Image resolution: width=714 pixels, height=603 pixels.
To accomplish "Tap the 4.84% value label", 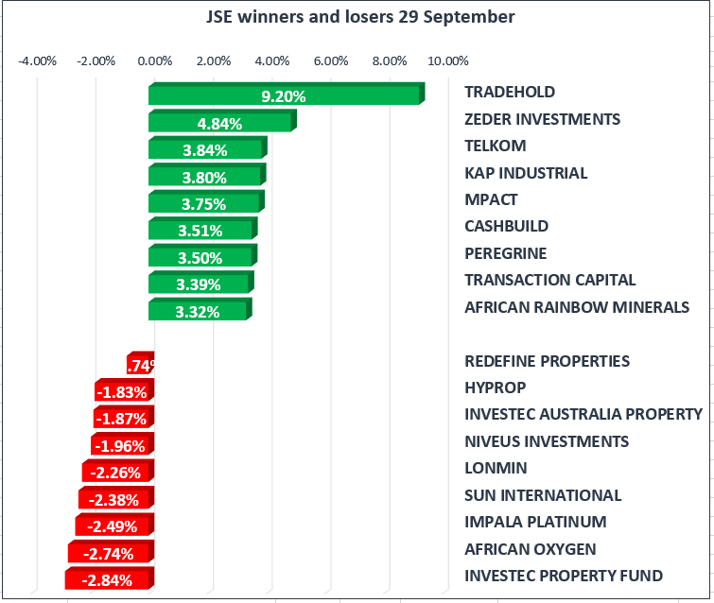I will pyautogui.click(x=219, y=123).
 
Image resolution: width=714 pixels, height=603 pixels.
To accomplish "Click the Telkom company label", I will pyautogui.click(x=495, y=146).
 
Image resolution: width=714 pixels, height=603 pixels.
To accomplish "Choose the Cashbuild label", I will pyautogui.click(x=506, y=226).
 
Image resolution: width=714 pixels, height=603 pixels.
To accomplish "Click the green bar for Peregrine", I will pyautogui.click(x=201, y=257).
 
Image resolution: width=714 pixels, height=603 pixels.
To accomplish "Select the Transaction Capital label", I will pyautogui.click(x=549, y=280).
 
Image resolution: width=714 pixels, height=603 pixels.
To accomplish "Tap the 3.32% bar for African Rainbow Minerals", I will pyautogui.click(x=199, y=311).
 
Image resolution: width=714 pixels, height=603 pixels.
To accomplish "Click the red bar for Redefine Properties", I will pyautogui.click(x=141, y=365).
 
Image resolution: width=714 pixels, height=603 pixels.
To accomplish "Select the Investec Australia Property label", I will pyautogui.click(x=583, y=414).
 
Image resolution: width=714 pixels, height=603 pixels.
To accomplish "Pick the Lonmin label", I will pyautogui.click(x=496, y=468).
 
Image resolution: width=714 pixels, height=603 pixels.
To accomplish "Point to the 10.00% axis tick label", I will pyautogui.click(x=448, y=61).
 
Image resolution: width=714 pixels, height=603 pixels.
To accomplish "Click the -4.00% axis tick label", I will pyautogui.click(x=38, y=61).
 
